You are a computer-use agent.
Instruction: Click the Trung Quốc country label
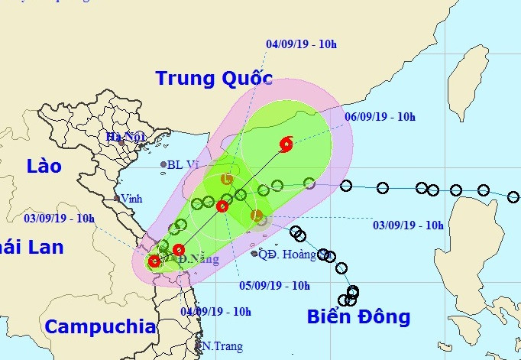[213, 78]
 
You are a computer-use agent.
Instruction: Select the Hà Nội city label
[125, 138]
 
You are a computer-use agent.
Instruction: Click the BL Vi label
[183, 164]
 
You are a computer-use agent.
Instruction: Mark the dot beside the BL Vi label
[163, 164]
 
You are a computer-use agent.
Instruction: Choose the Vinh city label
[131, 198]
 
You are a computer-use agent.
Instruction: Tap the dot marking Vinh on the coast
[117, 199]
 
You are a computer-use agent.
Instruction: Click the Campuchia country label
[100, 327]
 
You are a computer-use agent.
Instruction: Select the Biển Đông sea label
[358, 316]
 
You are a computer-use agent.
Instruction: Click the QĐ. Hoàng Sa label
[295, 255]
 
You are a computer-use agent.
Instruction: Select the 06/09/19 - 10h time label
[380, 117]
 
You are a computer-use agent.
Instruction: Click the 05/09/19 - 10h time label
[274, 286]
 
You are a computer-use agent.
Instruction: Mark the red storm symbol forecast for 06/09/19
[286, 143]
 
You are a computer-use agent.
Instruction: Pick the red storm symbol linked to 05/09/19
[223, 206]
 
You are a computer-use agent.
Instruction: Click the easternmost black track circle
[513, 197]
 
